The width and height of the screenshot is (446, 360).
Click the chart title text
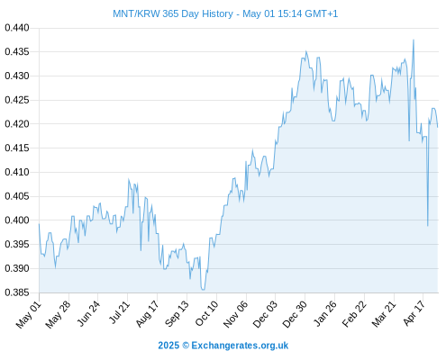[x=225, y=13]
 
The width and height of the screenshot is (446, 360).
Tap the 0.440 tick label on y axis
[x=17, y=28]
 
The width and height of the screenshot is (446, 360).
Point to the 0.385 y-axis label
[x=17, y=292]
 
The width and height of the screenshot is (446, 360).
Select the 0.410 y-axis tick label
[x=17, y=172]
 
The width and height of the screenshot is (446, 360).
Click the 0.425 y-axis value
[x=17, y=100]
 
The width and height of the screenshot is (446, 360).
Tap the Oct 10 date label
[x=206, y=313]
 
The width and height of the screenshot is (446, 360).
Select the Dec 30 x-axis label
[x=295, y=314]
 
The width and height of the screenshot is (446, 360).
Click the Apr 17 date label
[x=414, y=313]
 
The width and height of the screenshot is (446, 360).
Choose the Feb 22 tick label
[x=354, y=314]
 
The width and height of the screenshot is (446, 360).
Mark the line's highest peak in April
[x=414, y=40]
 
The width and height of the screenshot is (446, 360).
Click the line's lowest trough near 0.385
[x=203, y=290]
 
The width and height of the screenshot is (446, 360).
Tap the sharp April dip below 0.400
[x=428, y=226]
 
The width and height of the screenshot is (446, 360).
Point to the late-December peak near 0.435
[x=306, y=51]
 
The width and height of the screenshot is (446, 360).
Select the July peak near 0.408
[x=129, y=179]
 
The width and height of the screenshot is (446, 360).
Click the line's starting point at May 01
[x=39, y=224]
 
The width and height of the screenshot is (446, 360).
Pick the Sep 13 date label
[x=177, y=314]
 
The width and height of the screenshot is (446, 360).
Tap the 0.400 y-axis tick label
[x=17, y=220]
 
